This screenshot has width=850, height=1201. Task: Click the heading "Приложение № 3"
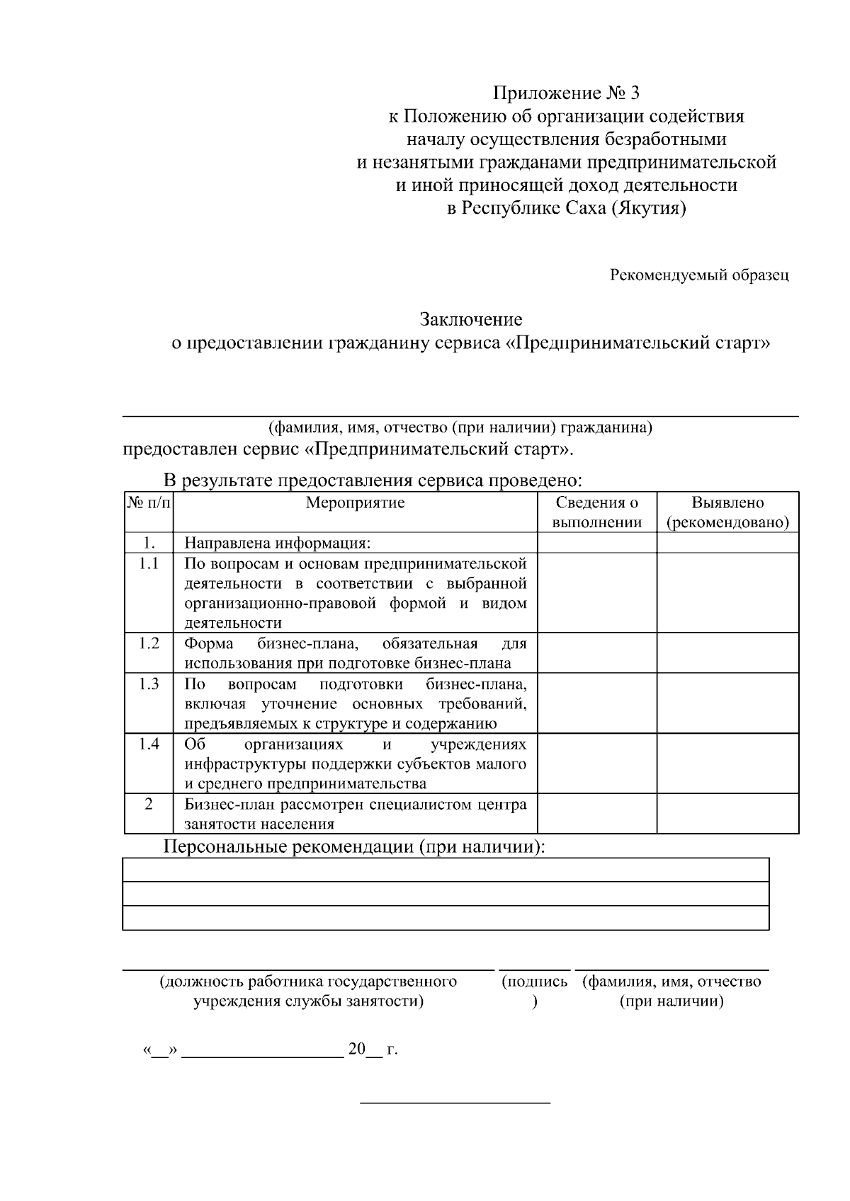[x=566, y=93]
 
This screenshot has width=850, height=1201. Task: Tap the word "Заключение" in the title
[x=471, y=320]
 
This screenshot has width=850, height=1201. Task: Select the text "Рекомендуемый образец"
[x=699, y=275]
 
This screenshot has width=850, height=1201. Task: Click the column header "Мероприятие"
[x=355, y=503]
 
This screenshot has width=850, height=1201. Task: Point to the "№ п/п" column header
[x=149, y=503]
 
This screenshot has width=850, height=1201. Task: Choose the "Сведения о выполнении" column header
[x=596, y=512]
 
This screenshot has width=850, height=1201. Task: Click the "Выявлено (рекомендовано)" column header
[x=727, y=512]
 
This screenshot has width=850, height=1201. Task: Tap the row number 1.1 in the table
[x=149, y=563]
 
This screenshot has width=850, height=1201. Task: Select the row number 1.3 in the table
[x=149, y=684]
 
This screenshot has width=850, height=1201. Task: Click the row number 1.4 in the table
[x=149, y=745]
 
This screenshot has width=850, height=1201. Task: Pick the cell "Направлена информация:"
[x=278, y=544]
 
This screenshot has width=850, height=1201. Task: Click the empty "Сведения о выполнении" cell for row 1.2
[x=596, y=653]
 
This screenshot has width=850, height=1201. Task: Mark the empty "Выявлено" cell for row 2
[x=727, y=814]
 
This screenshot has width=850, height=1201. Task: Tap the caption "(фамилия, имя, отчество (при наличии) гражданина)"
[x=460, y=427]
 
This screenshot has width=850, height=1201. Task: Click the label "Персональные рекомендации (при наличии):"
[x=355, y=846]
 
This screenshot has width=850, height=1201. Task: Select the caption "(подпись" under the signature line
[x=534, y=982]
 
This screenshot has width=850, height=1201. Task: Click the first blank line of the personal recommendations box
[x=446, y=870]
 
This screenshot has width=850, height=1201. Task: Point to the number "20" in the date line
[x=356, y=1049]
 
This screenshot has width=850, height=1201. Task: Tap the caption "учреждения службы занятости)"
[x=309, y=1001]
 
